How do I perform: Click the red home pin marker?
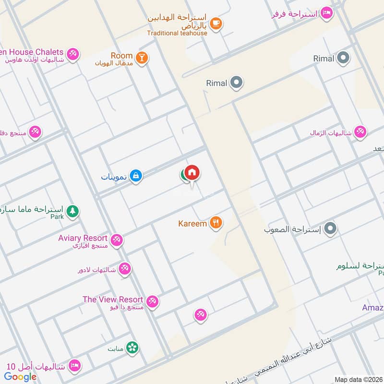pyautogui.click(x=192, y=173)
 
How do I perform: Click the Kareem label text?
pyautogui.click(x=192, y=223)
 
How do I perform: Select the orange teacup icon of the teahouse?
pyautogui.click(x=216, y=23)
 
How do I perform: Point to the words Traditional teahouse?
pyautogui.click(x=177, y=33)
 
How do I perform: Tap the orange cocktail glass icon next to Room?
pyautogui.click(x=142, y=58)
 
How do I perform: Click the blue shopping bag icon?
pyautogui.click(x=136, y=176)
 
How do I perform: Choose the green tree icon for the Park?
pyautogui.click(x=72, y=211)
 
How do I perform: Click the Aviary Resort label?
pyautogui.click(x=83, y=238)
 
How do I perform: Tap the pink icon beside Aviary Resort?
pyautogui.click(x=117, y=240)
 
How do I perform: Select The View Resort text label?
pyautogui.click(x=113, y=299)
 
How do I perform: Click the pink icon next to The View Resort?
pyautogui.click(x=153, y=301)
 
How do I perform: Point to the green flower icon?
pyautogui.click(x=132, y=347)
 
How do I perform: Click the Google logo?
pyautogui.click(x=21, y=377)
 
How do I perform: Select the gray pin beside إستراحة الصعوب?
pyautogui.click(x=330, y=229)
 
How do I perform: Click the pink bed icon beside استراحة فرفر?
pyautogui.click(x=326, y=13)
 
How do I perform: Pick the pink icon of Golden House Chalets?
pyautogui.click(x=73, y=53)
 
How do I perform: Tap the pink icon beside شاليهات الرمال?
pyautogui.click(x=360, y=132)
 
